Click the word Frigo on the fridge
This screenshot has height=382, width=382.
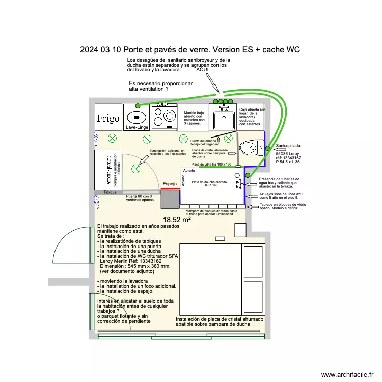(108, 118)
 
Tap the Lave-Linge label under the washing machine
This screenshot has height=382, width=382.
(137, 127)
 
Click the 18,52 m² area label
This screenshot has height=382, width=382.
(177, 220)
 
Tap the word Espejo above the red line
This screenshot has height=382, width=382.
(170, 184)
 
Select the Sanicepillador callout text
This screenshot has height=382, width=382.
(289, 145)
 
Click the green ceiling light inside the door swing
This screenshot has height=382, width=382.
(136, 169)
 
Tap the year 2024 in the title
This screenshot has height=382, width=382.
(90, 50)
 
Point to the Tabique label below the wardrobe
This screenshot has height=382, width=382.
(110, 192)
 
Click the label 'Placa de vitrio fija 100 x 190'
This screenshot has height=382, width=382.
(211, 165)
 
